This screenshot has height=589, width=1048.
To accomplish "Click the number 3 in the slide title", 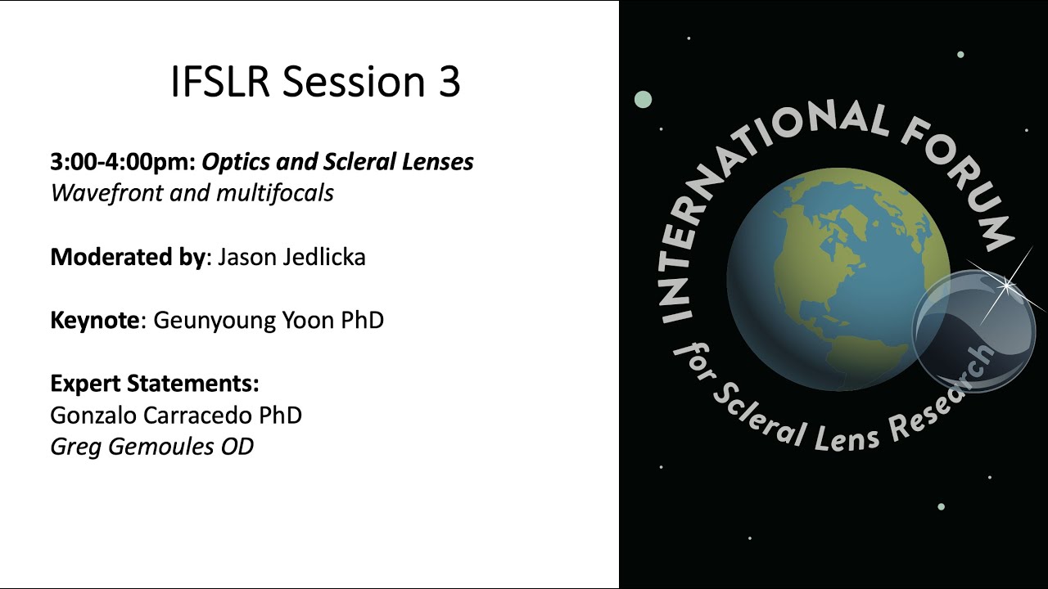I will pyautogui.click(x=448, y=82).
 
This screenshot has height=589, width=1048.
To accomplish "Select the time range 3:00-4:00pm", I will pyautogui.click(x=122, y=162).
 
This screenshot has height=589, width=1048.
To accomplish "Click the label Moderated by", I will pyautogui.click(x=127, y=257).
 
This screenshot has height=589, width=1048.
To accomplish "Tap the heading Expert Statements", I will pyautogui.click(x=155, y=383).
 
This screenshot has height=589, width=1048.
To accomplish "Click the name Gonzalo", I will pyautogui.click(x=93, y=415).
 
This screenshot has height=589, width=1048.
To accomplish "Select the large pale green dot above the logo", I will pyautogui.click(x=643, y=100).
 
